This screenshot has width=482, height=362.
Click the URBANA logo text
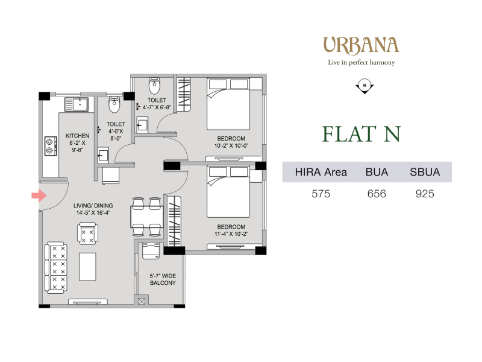coord(361,45)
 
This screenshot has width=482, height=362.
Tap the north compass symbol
coord(365,86)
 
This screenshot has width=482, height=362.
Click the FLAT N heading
coord(361,134)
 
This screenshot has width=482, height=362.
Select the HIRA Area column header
coord(321,172)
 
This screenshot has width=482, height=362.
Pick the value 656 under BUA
coord(377,194)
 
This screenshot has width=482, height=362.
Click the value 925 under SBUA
coord(425,194)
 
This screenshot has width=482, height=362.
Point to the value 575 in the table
coord(321,194)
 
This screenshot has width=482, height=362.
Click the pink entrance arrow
coord(39,195)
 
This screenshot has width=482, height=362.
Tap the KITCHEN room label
coord(78,136)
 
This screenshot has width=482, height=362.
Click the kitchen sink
coord(77,104)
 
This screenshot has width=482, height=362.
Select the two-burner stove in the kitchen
coord(51,146)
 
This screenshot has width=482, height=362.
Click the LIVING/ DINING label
coord(93,206)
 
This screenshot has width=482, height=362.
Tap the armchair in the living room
coord(88,233)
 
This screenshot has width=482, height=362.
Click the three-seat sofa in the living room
coord(56,267)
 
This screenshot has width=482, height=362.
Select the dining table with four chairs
coord(146,217)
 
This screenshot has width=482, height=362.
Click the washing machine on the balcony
coord(151,250)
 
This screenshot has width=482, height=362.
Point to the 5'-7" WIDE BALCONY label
coord(163,279)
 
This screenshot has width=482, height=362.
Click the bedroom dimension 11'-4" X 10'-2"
coord(231,234)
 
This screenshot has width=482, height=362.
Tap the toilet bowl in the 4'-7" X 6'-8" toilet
coord(154,86)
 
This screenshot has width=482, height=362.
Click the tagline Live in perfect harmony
coord(361,63)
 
